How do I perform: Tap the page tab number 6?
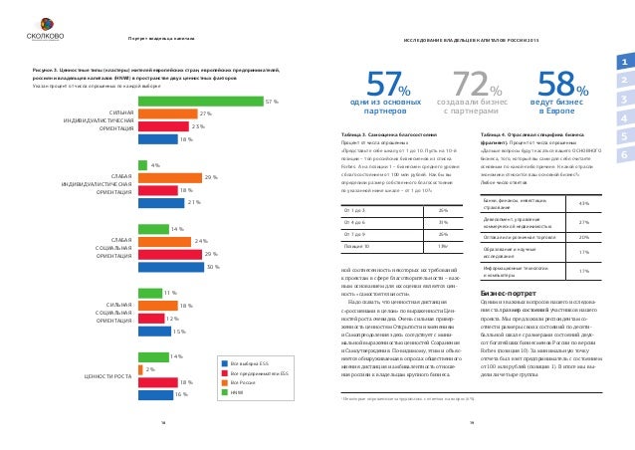(x=622, y=155)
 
